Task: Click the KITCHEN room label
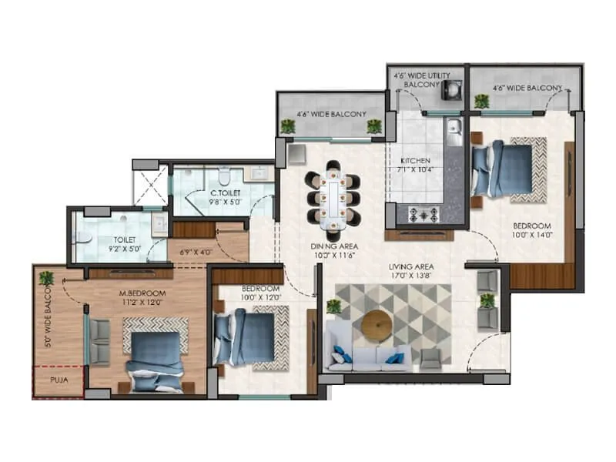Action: [x=414, y=160]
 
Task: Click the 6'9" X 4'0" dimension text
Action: [x=194, y=251]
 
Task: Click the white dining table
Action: [x=333, y=199]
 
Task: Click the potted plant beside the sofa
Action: [x=333, y=306]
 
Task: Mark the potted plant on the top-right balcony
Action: [x=482, y=100]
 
